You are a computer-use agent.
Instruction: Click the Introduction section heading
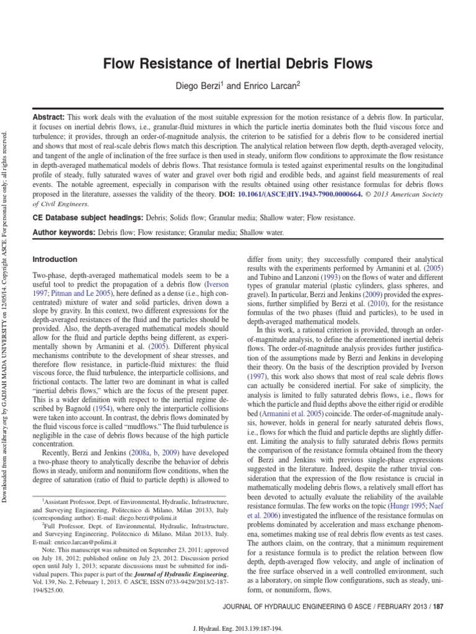(55, 259)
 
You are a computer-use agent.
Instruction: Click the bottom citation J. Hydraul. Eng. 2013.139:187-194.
(238, 627)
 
